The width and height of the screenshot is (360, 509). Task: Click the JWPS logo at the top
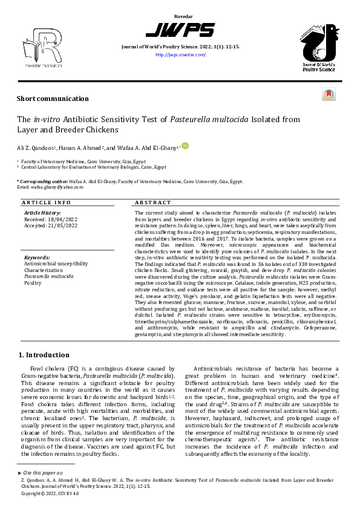(x=180, y=30)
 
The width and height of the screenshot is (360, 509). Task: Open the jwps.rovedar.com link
(x=180, y=54)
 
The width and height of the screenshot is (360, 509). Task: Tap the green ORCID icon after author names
(x=185, y=145)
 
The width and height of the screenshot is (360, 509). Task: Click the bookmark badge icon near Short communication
(x=329, y=95)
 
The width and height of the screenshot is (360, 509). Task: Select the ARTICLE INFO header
(x=46, y=203)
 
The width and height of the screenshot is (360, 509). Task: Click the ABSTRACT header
(x=149, y=203)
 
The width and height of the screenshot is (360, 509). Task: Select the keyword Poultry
(x=33, y=282)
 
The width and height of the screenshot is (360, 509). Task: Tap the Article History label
(x=42, y=213)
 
